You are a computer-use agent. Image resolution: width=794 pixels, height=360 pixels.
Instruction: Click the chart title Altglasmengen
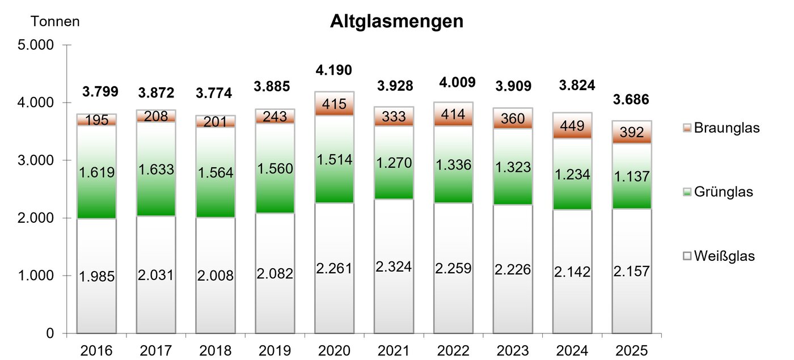coord(396,22)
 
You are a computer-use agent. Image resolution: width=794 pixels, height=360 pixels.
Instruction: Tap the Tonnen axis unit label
coord(55,22)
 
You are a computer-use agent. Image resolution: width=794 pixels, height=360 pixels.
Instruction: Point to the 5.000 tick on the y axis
coord(35,45)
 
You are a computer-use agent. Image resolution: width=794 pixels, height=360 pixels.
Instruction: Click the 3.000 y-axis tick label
coord(35,160)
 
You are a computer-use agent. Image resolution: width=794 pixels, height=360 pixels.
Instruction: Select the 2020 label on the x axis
coord(334,351)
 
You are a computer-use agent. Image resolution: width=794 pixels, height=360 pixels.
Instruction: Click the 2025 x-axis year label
coord(632,351)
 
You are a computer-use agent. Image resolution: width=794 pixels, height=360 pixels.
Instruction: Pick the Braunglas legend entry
coord(721,128)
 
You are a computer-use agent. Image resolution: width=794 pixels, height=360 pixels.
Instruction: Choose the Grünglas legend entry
coord(718,192)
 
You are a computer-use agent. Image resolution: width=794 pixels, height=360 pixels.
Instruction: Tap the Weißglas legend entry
coord(719,256)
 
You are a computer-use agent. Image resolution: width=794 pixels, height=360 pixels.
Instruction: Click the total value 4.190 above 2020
coord(334,70)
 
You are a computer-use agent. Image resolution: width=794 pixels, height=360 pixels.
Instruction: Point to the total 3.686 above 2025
coord(631,100)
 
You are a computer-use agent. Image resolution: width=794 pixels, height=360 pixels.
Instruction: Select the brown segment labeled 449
coord(572,126)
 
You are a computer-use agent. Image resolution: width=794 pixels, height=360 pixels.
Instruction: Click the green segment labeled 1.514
coord(334,159)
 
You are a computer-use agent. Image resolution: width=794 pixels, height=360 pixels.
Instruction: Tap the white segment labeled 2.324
coord(394,266)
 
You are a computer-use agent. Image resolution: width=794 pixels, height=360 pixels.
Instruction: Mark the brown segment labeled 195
coord(97,120)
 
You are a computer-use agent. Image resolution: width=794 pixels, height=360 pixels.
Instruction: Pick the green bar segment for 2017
coord(156,169)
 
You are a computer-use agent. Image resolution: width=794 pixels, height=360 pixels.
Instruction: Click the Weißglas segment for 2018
coord(216,276)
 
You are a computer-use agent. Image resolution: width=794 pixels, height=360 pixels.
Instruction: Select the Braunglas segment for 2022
coord(453,114)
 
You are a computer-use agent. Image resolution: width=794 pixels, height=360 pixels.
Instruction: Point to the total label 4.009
coord(457,83)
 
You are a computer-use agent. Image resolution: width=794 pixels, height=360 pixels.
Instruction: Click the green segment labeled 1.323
coord(513,167)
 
